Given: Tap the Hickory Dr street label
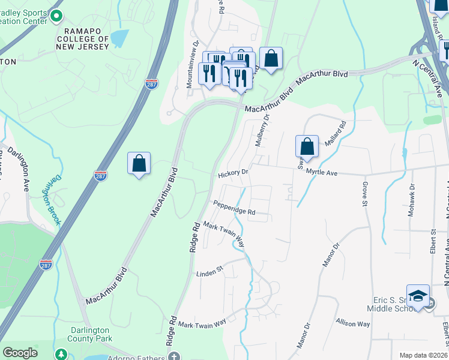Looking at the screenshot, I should coord(234,173).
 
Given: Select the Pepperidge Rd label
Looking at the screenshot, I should coord(235,211).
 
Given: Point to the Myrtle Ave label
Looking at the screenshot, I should coord(322,173).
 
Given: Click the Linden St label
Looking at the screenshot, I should coord(209,273).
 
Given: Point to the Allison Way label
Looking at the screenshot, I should coord(353,323).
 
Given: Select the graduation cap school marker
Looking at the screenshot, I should coord(418,296).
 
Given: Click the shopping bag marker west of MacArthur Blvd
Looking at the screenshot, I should coord(139,163).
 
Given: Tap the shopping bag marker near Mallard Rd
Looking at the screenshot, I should coord(306,146).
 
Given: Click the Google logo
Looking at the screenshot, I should coord(20,353).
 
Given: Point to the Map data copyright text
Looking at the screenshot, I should coord(424,355).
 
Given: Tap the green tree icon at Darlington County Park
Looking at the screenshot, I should coord(61,354).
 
